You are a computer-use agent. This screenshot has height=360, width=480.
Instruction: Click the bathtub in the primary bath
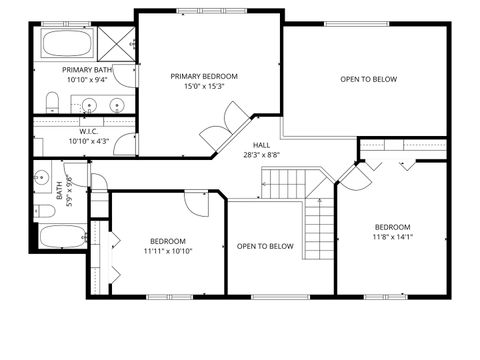click(x=67, y=44)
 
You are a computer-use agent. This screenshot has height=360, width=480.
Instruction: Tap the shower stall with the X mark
click(x=117, y=44)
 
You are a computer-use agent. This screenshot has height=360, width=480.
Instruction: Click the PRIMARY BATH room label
click(x=87, y=70)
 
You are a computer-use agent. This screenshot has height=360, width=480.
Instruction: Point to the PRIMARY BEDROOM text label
click(x=204, y=76)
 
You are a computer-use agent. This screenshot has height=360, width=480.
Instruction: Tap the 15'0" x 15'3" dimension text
click(x=204, y=87)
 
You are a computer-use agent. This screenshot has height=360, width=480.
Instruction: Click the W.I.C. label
click(x=88, y=131)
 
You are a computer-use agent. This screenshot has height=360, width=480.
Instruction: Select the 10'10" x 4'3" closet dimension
click(x=88, y=141)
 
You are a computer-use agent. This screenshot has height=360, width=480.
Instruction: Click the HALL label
click(x=261, y=145)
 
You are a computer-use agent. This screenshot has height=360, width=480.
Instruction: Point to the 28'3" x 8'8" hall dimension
click(x=261, y=155)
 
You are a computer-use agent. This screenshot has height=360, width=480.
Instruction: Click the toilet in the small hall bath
click(x=45, y=211)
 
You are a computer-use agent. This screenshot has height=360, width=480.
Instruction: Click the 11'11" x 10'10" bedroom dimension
click(x=168, y=251)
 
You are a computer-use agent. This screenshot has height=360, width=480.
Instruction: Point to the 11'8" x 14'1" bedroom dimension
click(x=393, y=237)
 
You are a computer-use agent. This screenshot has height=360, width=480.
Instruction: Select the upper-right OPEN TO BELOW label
click(x=368, y=79)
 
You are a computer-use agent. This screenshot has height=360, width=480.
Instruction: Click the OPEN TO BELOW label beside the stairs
click(x=265, y=246)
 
